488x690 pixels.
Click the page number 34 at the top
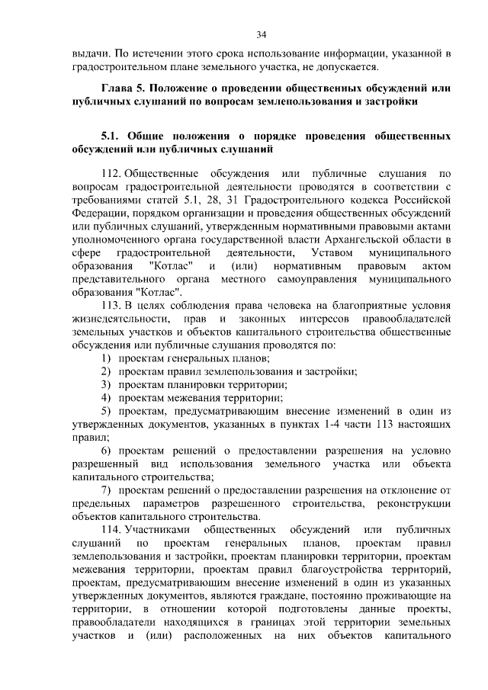pos(261,34)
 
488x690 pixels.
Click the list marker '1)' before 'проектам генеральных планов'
pos(107,358)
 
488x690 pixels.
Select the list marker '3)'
pos(107,384)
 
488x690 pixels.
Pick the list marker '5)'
pos(107,411)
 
